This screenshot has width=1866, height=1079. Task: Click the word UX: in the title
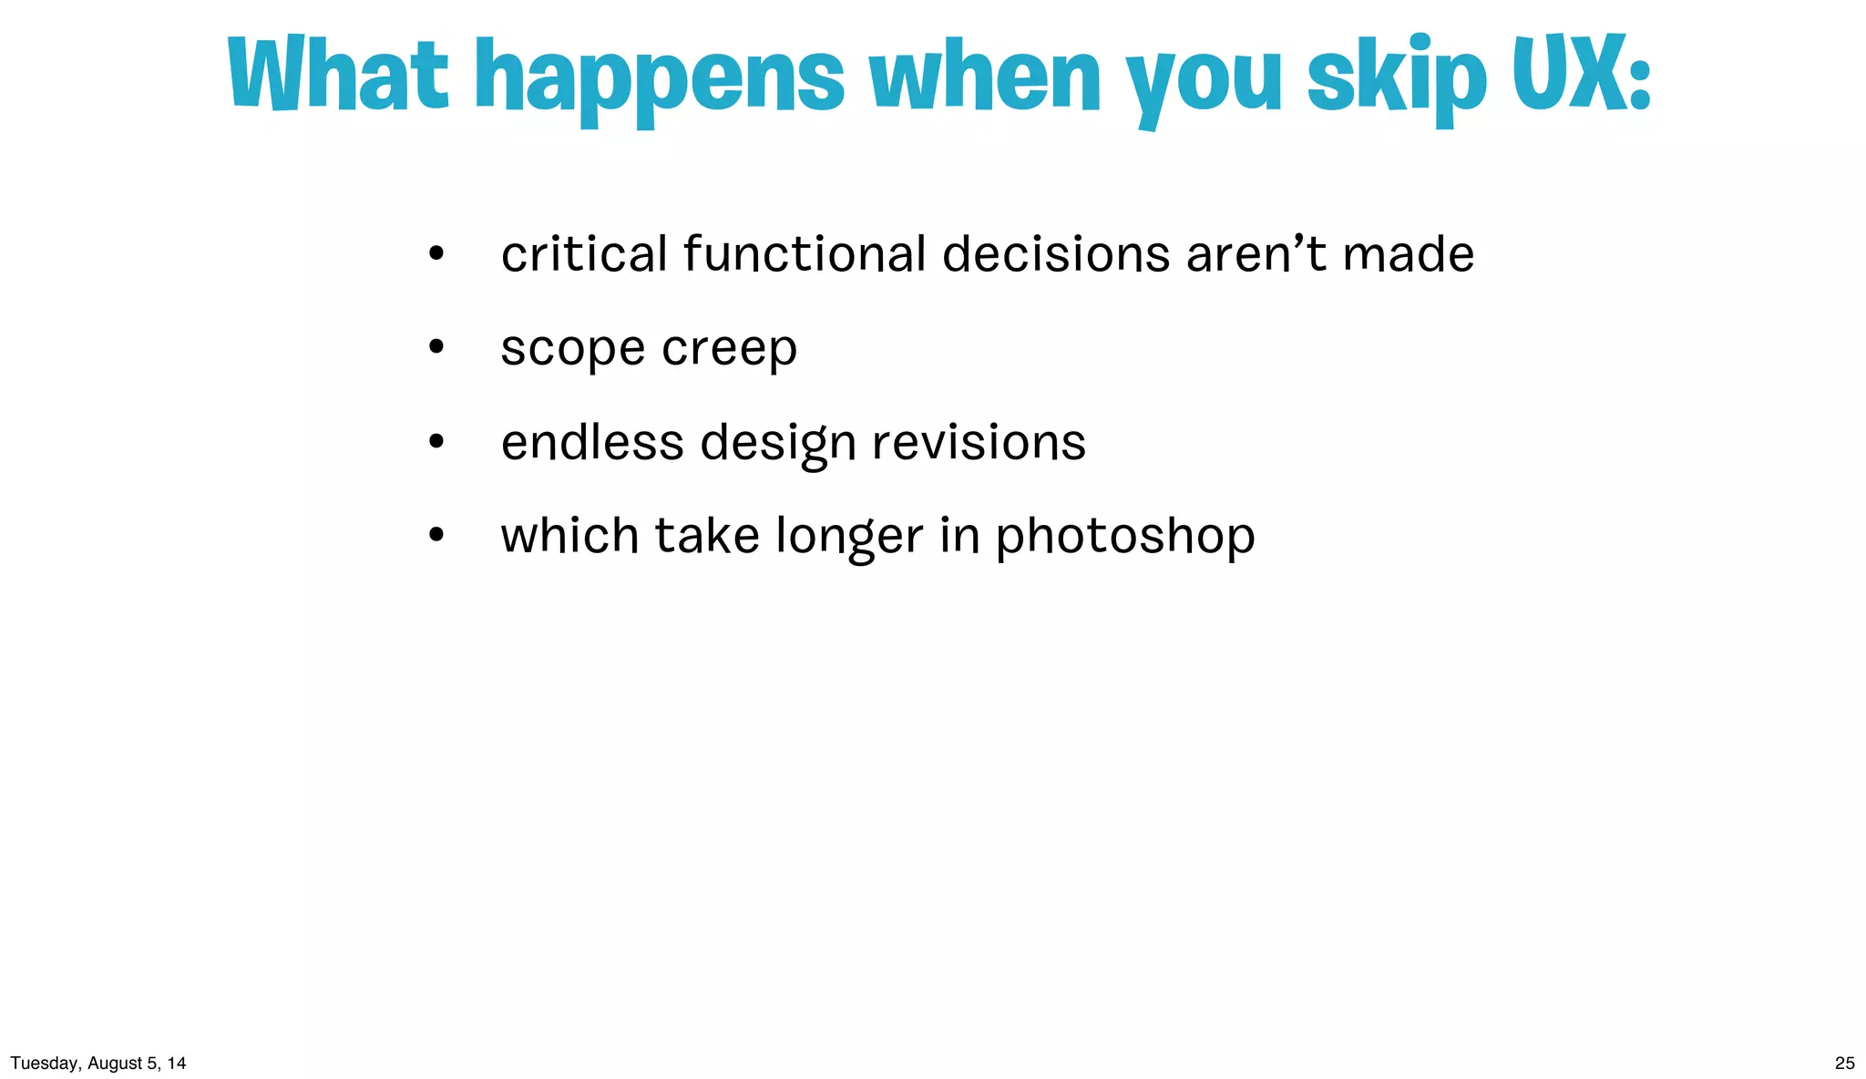pos(1581,75)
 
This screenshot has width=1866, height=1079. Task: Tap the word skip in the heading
pos(1397,77)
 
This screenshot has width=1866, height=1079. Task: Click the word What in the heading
pos(337,75)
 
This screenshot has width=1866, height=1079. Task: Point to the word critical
pos(584,254)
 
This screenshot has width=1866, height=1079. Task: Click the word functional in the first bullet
pos(805,254)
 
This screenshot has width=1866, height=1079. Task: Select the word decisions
pos(1055,254)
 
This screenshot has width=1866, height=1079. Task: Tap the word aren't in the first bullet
pos(1256,254)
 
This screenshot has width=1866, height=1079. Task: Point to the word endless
pos(592,443)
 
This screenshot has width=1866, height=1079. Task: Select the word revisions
pos(979,443)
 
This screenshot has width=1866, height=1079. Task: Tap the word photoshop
pos(1124,537)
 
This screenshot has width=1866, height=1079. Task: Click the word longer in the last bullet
pos(849,537)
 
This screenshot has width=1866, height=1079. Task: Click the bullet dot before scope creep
pos(436,346)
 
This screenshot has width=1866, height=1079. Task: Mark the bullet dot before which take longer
pos(436,535)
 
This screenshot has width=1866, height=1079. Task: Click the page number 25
pos(1844,1063)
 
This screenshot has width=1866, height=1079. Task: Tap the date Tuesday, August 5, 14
pos(98,1063)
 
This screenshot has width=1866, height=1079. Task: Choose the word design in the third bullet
pos(778,445)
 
